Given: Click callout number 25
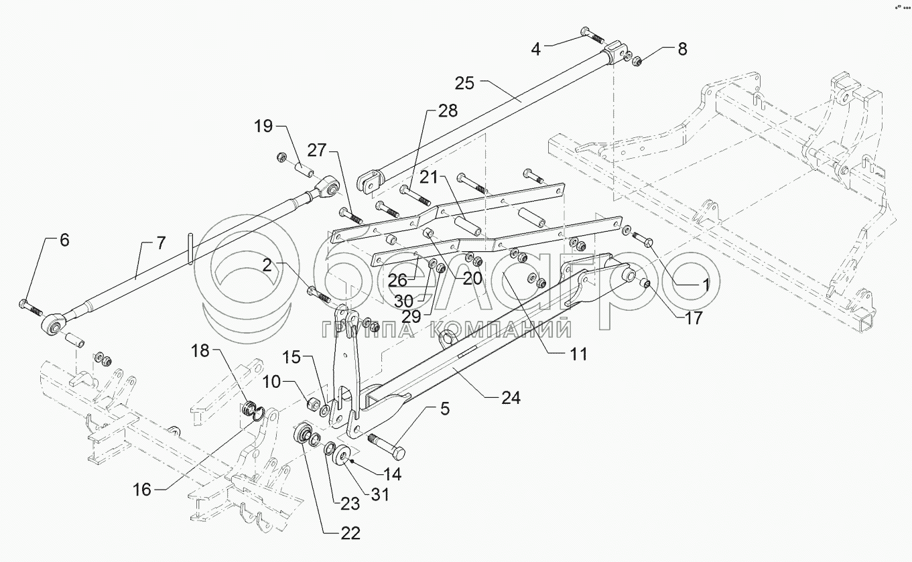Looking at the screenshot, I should (x=464, y=84).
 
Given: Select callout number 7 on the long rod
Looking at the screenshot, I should (x=160, y=243).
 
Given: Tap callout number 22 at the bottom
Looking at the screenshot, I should (x=350, y=533).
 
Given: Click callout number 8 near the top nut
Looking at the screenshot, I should (x=681, y=48).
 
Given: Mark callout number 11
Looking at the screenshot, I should (x=578, y=353).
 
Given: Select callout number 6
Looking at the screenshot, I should (x=64, y=240).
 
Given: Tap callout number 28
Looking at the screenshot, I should (x=448, y=111).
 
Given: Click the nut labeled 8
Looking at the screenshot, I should (x=638, y=62).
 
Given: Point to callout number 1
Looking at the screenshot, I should (x=704, y=283).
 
